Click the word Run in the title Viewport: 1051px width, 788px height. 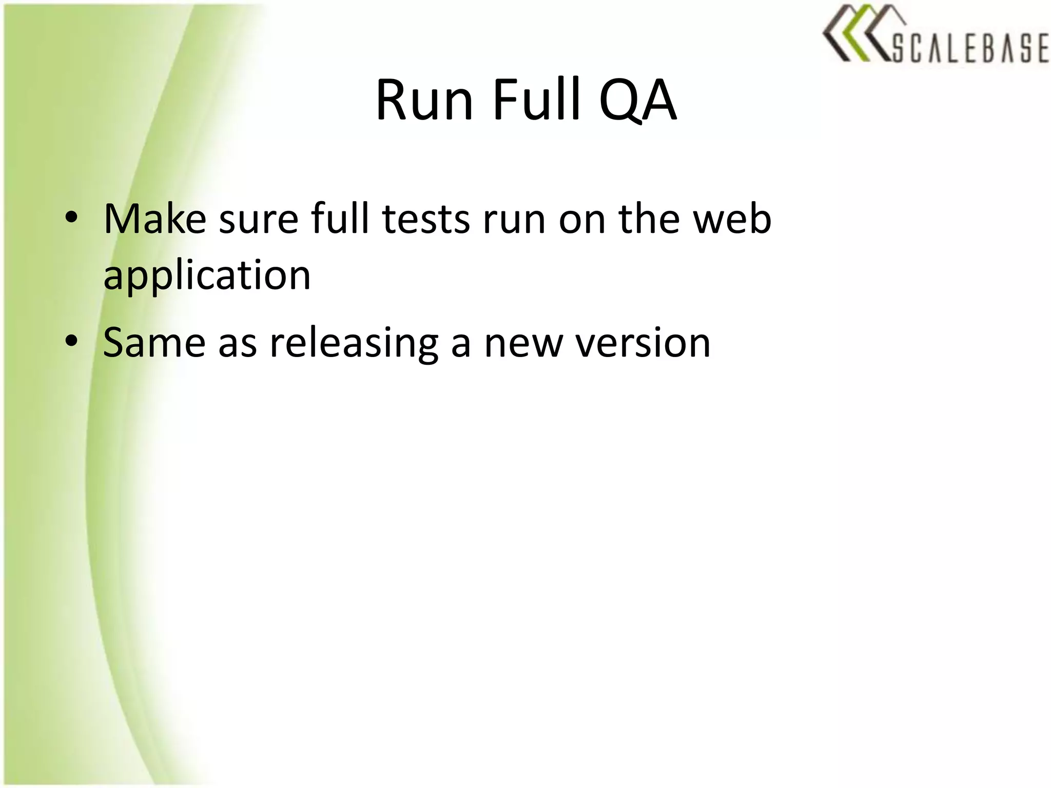[424, 100]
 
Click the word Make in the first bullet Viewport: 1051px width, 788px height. [154, 220]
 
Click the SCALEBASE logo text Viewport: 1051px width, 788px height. [969, 49]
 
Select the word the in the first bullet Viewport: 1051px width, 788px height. [649, 220]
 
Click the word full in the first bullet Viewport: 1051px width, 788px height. [340, 220]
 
